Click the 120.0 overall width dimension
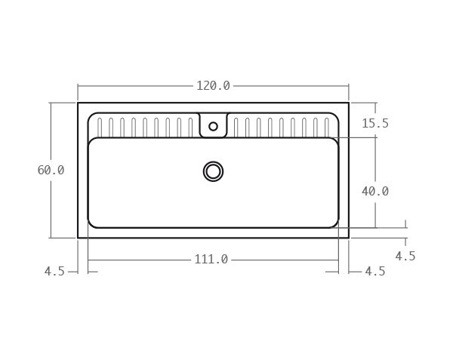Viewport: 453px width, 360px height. (x=213, y=86)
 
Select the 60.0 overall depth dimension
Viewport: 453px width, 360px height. (x=51, y=170)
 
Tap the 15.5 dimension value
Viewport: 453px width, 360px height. (x=375, y=123)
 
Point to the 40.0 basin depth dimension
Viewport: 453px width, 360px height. (x=375, y=191)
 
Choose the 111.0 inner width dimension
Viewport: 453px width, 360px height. (x=211, y=260)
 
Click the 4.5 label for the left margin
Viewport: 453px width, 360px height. (x=54, y=272)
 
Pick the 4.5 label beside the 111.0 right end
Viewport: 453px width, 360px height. (x=375, y=272)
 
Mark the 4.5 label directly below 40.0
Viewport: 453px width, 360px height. (x=405, y=256)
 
